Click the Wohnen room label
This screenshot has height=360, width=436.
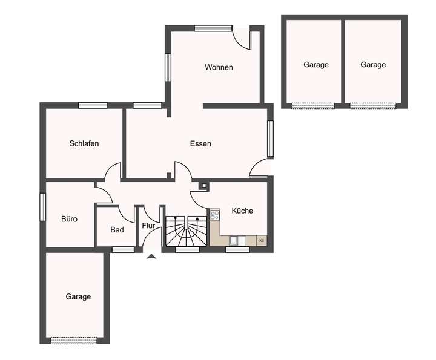coord(219,67)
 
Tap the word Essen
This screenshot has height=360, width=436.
coord(200,144)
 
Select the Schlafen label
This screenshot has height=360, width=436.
coord(84,144)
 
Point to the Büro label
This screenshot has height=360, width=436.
coord(69,219)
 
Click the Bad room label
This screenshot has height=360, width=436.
coord(117,230)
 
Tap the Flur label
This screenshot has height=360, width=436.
coord(148,226)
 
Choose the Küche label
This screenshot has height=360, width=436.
coord(242,211)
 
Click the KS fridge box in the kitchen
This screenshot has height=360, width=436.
coord(262,240)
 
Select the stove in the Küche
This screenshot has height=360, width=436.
coord(214,215)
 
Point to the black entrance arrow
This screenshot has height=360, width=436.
coord(151,257)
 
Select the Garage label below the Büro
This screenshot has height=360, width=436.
coord(78,296)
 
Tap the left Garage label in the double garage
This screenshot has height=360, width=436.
coord(316,65)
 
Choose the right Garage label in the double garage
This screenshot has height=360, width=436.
coord(373,65)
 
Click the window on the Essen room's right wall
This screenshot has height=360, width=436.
coord(270,139)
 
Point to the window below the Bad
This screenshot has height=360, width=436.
coord(123,249)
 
